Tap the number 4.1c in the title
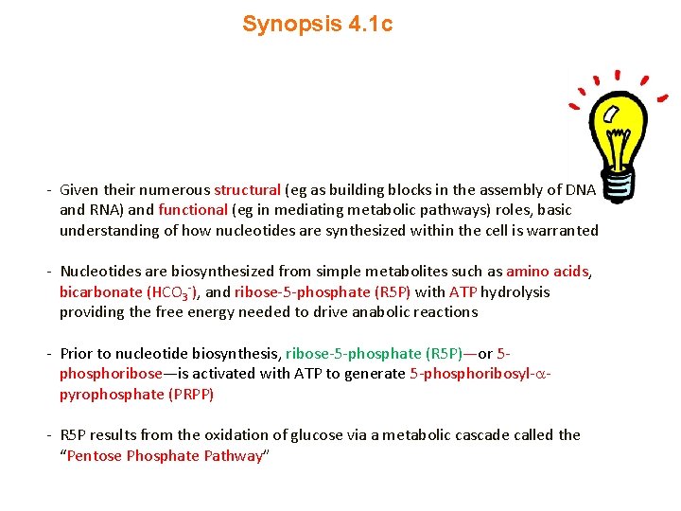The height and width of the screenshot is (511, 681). (x=367, y=25)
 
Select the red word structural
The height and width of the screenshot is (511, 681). (x=247, y=189)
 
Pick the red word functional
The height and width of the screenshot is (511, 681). (x=193, y=210)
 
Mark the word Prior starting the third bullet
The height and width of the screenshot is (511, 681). (x=76, y=354)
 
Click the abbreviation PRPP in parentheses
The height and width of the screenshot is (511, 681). (x=191, y=395)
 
